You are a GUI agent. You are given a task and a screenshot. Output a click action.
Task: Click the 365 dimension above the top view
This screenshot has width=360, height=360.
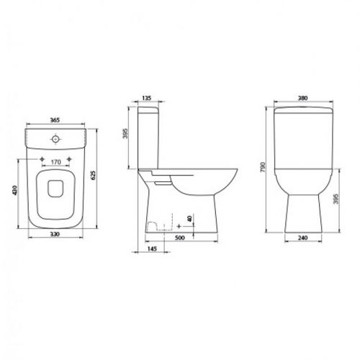55,120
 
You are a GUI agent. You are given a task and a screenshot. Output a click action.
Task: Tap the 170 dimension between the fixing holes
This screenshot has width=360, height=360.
55,162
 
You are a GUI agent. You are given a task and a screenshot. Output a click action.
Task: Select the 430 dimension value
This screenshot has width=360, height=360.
15,190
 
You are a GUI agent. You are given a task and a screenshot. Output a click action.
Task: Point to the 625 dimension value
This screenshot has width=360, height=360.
93,175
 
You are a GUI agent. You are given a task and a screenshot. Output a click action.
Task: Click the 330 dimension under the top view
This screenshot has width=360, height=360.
55,234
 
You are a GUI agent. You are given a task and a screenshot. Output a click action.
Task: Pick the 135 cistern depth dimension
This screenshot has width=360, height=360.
147,98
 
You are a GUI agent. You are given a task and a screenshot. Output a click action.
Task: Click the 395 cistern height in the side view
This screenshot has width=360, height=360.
125,133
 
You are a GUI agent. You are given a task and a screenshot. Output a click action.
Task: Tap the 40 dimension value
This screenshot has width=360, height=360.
189,219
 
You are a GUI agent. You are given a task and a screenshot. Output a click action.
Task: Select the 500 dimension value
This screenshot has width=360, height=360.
180,238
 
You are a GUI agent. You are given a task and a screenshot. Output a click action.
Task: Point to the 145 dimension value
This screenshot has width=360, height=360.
152,249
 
